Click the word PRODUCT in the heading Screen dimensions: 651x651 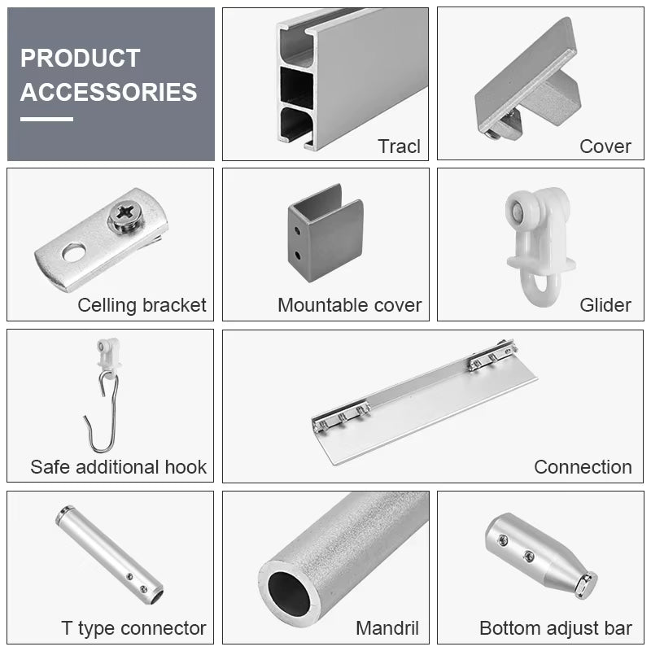coord(80,58)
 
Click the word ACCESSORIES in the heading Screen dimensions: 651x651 coord(108,92)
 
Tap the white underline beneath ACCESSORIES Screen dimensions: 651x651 coord(46,119)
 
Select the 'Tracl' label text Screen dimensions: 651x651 coord(399,146)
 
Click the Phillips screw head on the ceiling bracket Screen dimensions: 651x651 coord(125,216)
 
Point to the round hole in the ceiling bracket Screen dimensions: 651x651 coord(74,252)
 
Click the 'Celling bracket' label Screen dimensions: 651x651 coord(142,305)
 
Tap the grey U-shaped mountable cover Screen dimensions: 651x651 coord(325,234)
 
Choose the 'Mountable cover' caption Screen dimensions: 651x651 coord(350,305)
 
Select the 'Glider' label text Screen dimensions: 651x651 coord(605,305)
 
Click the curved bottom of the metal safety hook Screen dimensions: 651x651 coord(102,448)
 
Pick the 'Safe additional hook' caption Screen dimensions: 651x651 coord(118,467)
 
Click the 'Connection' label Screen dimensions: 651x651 coord(583,467)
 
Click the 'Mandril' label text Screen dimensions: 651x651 coord(387,628)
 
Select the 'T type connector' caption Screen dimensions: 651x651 coord(133,628)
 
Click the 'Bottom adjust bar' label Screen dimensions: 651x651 coord(556,628)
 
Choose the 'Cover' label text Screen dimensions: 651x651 coord(605,146)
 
